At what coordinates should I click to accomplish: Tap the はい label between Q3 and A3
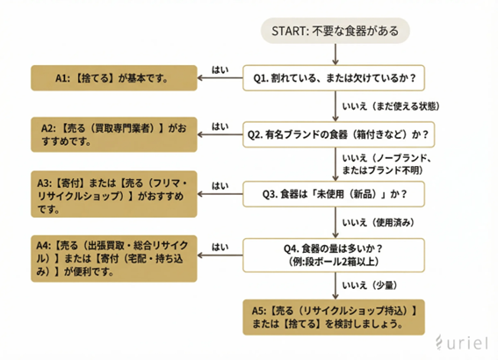(220, 185)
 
